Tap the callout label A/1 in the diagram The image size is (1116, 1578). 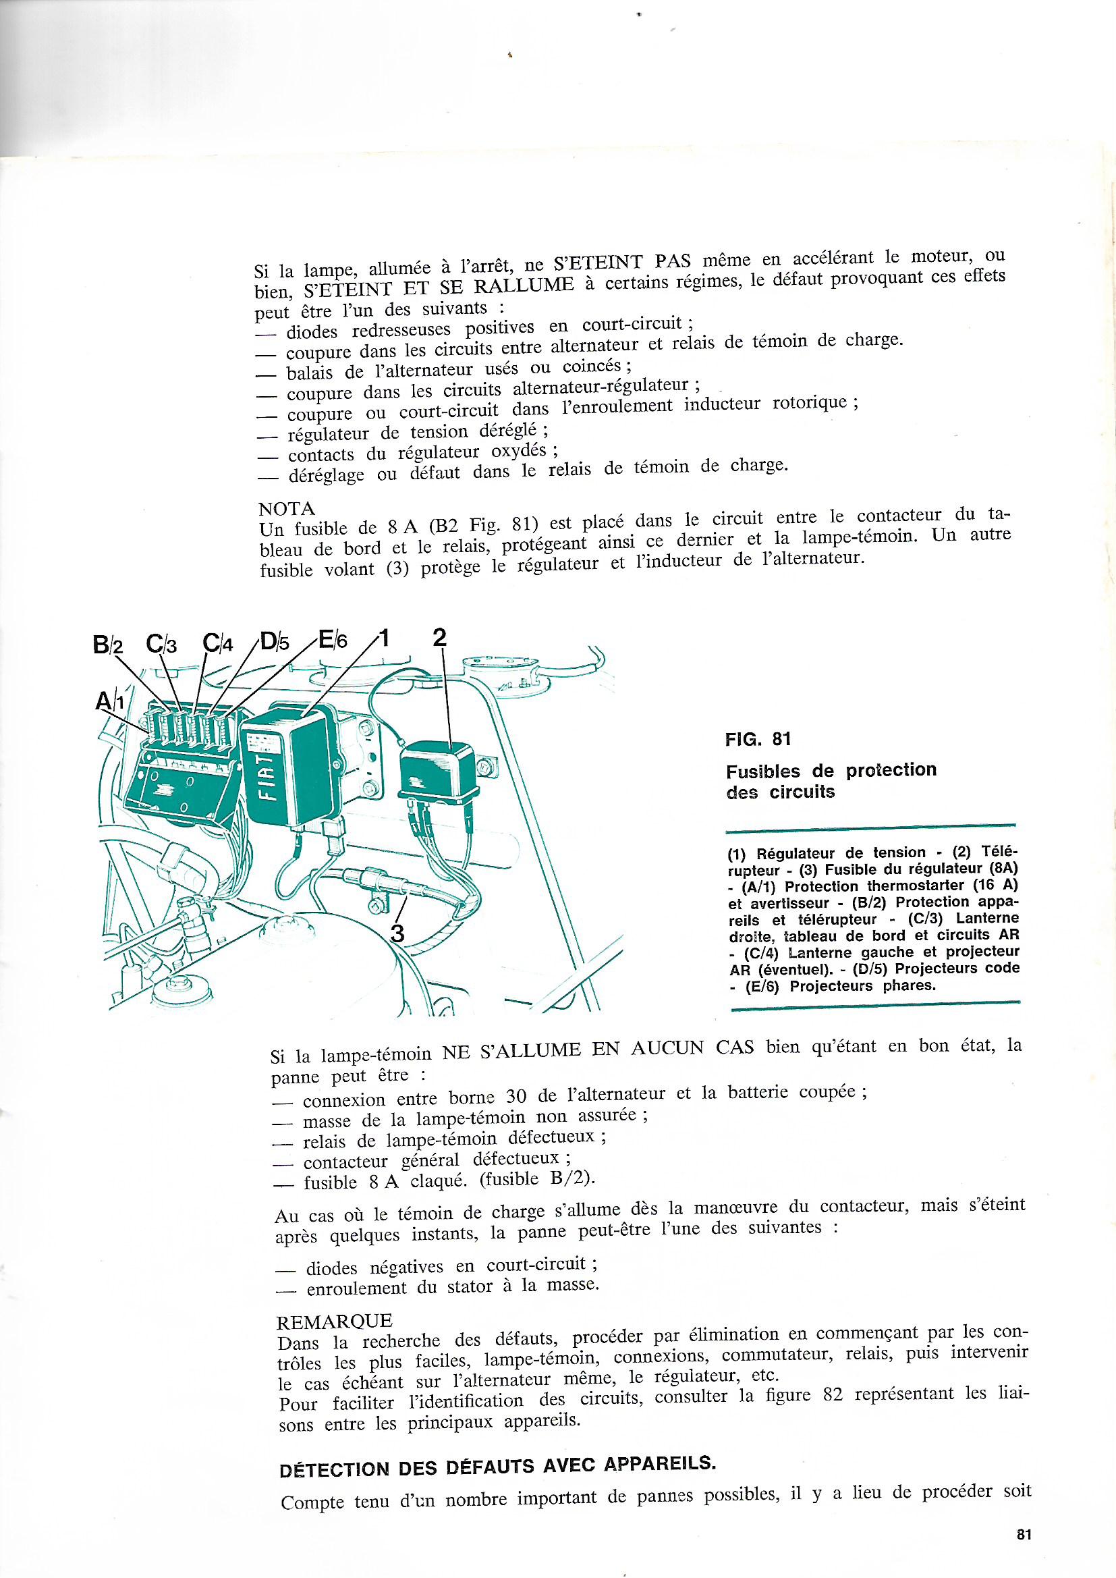pyautogui.click(x=110, y=701)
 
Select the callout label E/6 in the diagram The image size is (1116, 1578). pyautogui.click(x=333, y=640)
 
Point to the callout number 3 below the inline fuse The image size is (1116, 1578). pyautogui.click(x=397, y=933)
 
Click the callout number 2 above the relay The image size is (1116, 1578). pyautogui.click(x=440, y=637)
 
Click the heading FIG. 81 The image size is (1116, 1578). pyautogui.click(x=758, y=739)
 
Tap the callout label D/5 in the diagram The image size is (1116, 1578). pyautogui.click(x=275, y=642)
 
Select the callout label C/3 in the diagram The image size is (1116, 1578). pyautogui.click(x=162, y=644)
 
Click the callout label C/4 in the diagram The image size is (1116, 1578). pyautogui.click(x=219, y=643)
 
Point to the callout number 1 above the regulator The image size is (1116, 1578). pyautogui.click(x=384, y=638)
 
